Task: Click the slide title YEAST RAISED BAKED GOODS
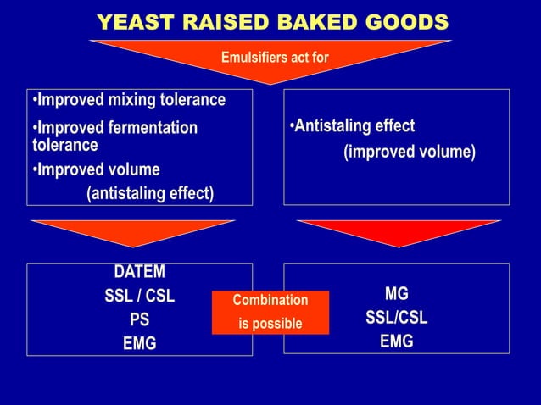tap(272, 21)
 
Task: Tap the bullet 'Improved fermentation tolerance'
tap(115, 128)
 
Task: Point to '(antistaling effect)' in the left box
tap(150, 193)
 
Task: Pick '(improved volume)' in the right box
tap(409, 153)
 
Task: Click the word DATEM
tap(140, 272)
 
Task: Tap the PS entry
tap(140, 321)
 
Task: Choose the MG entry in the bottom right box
tap(396, 294)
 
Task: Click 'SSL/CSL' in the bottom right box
tap(396, 319)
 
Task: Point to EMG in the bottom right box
tap(396, 342)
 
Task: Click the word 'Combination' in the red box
tap(270, 301)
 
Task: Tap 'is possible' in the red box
tap(270, 324)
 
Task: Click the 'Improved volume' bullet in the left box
tap(97, 169)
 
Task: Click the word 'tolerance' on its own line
tap(64, 146)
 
